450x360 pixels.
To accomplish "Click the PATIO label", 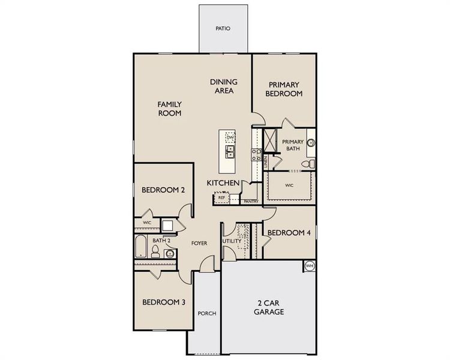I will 223,28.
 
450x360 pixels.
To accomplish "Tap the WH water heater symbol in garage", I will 310,266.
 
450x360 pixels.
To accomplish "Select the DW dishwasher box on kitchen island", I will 230,138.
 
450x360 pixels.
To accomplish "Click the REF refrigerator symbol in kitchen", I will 221,197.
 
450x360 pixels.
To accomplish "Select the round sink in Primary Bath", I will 311,143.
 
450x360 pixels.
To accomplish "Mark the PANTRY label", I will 251,202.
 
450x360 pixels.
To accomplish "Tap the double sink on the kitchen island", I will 230,152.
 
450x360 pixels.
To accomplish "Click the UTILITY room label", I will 231,241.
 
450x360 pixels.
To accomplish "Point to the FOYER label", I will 199,244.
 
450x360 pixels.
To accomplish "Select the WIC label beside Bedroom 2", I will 146,223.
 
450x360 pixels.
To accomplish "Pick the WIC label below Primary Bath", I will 289,185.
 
